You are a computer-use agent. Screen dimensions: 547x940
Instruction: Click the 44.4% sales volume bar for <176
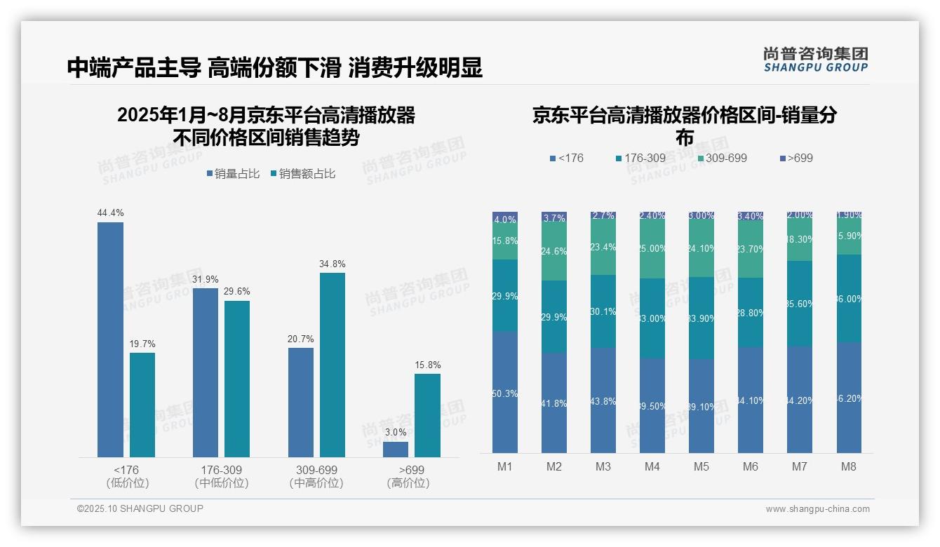110,339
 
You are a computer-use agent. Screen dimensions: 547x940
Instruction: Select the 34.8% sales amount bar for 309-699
333,365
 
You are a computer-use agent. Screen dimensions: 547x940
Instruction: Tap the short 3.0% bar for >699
396,450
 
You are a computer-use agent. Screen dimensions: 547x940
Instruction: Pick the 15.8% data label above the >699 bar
427,365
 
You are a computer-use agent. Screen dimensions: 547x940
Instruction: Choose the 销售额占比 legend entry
302,174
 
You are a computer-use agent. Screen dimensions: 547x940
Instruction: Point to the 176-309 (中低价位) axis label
221,476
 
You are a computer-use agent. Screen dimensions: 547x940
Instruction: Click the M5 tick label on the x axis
701,467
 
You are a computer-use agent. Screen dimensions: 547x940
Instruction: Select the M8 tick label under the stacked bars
848,467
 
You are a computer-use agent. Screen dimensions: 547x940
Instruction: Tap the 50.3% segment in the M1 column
505,393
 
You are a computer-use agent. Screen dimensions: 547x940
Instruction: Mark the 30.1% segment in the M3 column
603,311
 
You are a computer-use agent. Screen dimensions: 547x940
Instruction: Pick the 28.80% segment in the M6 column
751,313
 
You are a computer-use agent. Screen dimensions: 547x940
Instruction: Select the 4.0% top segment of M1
505,218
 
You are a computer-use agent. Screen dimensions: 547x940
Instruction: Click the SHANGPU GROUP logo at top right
815,60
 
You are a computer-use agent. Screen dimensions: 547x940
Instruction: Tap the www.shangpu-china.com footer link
817,509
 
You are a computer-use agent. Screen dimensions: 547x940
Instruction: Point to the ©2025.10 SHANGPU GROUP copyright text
140,508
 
